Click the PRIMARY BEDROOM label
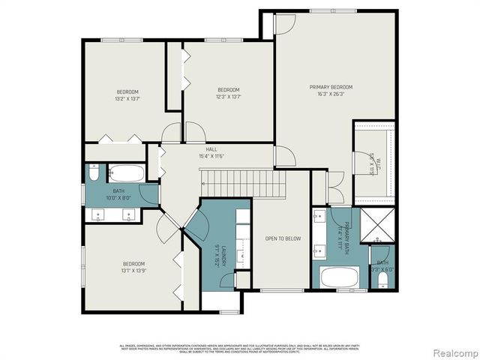point(331,87)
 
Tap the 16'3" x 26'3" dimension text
point(331,95)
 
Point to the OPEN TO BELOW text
point(283,238)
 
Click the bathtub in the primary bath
point(340,277)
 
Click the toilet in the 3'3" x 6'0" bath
point(382,280)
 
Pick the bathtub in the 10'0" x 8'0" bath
point(127,173)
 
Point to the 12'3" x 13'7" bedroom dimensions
point(228,96)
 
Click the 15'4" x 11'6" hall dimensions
point(211,156)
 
